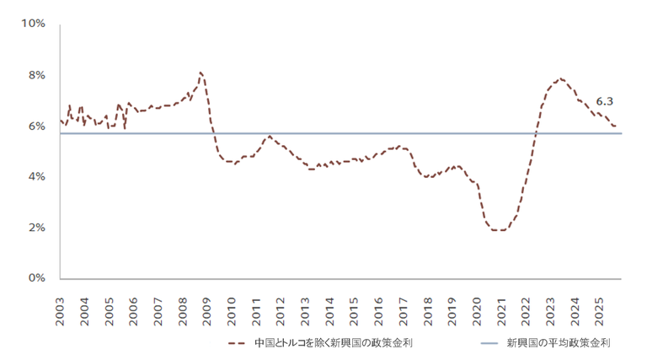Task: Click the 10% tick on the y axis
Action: (x=34, y=24)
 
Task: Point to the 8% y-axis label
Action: (x=36, y=75)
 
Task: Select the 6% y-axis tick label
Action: (x=36, y=126)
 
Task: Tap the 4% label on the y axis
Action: (x=36, y=177)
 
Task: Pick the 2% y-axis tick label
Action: (x=36, y=228)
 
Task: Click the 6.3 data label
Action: (x=603, y=101)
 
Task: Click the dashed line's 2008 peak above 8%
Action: (x=201, y=73)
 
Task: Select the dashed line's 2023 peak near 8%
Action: (x=560, y=78)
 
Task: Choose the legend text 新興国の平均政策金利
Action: (x=559, y=343)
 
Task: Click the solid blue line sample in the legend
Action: (x=489, y=343)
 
